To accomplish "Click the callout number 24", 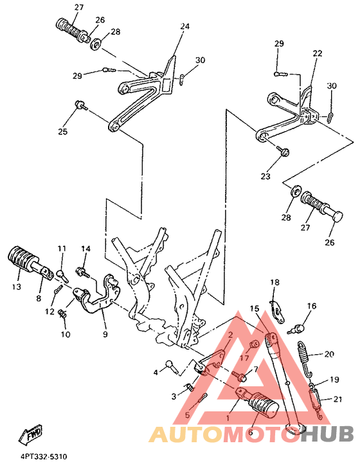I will click(185, 27).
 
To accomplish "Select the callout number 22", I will click(318, 53).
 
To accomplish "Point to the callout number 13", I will click(16, 287).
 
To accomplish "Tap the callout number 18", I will click(274, 282).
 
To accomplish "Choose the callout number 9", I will click(105, 334).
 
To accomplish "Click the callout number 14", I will click(85, 248).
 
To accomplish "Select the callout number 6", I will click(250, 433).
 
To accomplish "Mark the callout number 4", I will click(155, 372).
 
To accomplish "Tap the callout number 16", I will click(311, 306).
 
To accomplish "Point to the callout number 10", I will click(64, 334).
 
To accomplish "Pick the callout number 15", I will click(254, 309).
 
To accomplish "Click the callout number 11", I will click(62, 249).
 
